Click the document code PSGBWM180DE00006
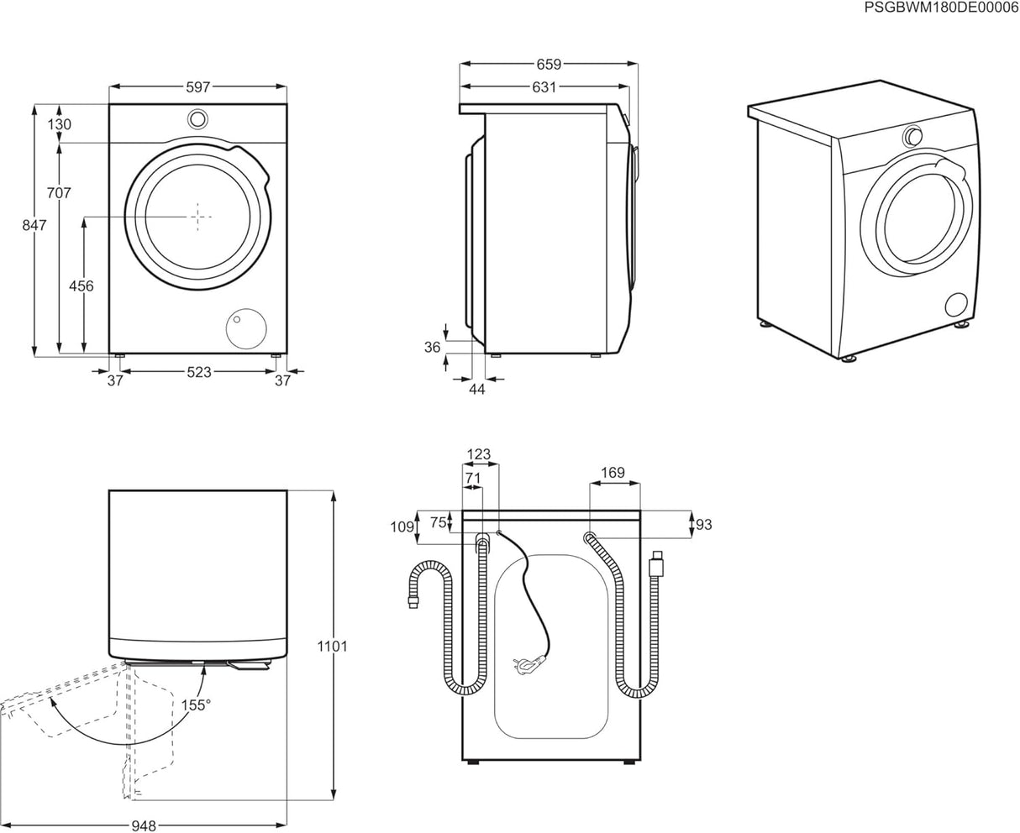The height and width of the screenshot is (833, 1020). click(x=941, y=8)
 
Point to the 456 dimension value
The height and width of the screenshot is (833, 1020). click(x=81, y=286)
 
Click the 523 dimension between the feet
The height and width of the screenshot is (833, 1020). click(x=198, y=373)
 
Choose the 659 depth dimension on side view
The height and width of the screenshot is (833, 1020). click(x=549, y=64)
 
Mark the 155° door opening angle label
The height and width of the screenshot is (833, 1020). click(x=195, y=705)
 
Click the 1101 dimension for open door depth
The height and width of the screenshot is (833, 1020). click(x=333, y=647)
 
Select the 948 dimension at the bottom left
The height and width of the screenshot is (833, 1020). click(x=145, y=826)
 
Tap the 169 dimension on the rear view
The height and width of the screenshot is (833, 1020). click(x=613, y=473)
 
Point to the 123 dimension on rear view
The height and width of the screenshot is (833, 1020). click(x=478, y=455)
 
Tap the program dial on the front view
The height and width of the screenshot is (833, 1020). click(x=197, y=118)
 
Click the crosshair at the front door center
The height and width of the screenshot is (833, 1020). click(x=198, y=216)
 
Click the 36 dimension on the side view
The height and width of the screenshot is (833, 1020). click(x=433, y=346)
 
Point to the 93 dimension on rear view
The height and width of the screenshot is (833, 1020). click(x=703, y=525)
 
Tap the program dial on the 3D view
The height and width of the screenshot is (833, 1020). click(x=912, y=136)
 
